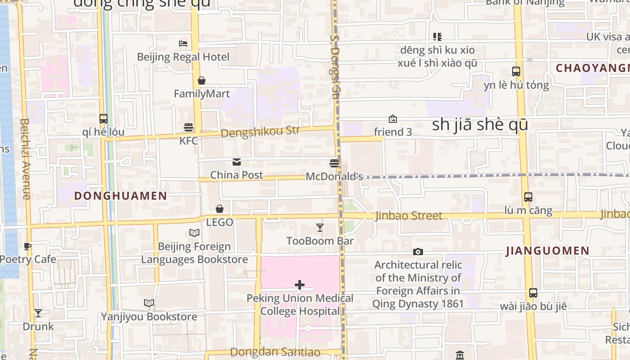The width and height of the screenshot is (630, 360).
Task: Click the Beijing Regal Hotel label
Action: tap(183, 57)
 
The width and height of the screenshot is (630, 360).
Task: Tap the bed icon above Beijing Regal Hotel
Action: tap(183, 44)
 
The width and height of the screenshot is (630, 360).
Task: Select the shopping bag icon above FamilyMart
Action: tap(202, 81)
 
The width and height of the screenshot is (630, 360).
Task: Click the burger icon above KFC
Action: tap(189, 127)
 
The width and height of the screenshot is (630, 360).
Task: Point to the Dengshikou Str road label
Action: tap(260, 132)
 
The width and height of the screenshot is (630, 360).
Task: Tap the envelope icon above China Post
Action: tap(237, 162)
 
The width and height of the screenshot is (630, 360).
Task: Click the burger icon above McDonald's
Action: tap(334, 163)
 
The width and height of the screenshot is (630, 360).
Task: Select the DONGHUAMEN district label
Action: tap(121, 196)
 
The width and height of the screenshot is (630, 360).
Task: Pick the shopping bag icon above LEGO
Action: tap(220, 209)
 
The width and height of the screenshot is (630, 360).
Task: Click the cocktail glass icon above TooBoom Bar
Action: tap(320, 228)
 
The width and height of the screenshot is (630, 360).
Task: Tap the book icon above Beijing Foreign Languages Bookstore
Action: tap(194, 233)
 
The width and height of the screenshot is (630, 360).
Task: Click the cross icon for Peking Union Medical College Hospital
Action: tap(300, 285)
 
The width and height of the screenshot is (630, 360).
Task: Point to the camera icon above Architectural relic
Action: tap(418, 252)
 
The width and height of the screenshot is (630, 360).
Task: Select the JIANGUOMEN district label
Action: tap(548, 251)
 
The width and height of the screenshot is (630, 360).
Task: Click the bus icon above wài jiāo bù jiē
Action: tap(533, 293)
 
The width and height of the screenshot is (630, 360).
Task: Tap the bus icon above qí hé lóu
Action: tap(103, 119)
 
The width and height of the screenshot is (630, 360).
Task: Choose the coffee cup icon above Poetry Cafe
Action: tap(27, 246)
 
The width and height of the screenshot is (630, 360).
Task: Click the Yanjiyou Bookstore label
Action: tap(149, 317)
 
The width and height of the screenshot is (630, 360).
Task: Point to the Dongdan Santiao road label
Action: tap(275, 352)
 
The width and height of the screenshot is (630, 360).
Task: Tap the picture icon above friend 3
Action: tap(393, 119)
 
